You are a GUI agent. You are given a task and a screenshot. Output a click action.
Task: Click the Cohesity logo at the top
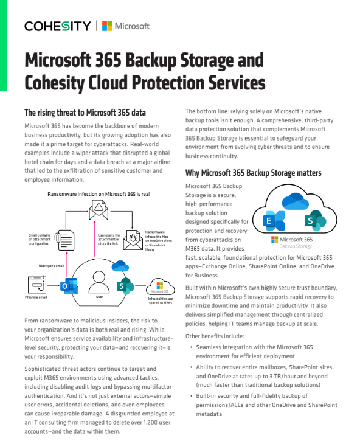(x=58, y=26)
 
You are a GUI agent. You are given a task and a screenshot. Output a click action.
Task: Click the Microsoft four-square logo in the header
(x=107, y=26)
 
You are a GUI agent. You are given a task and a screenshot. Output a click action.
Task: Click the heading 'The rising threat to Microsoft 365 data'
(x=85, y=113)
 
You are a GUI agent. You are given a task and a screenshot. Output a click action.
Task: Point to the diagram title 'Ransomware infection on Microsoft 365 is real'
(x=100, y=194)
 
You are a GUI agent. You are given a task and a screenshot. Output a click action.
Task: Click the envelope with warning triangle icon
(x=99, y=210)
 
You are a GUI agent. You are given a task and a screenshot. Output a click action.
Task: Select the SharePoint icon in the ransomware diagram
(x=125, y=285)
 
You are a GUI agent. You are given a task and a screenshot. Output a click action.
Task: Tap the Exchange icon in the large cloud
(x=271, y=220)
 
